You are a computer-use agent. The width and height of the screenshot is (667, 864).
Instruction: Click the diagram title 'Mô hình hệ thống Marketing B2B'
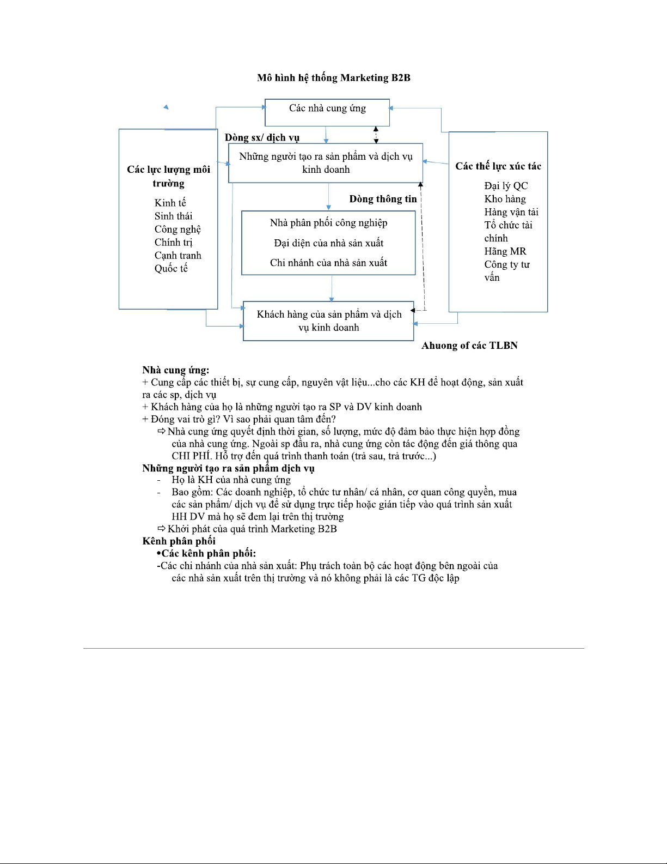(333, 78)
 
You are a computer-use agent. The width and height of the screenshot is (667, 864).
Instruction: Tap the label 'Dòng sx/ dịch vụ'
(262, 137)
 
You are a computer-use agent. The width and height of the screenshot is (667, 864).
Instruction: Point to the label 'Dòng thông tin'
(383, 199)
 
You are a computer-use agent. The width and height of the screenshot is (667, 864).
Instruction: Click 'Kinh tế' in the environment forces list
(170, 203)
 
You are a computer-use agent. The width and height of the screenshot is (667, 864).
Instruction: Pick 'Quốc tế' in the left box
(171, 268)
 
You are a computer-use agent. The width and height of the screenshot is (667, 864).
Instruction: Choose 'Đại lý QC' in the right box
(506, 186)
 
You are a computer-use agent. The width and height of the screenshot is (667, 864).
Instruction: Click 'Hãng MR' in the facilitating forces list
(505, 251)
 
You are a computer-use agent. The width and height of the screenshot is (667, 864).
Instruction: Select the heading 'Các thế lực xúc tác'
(498, 166)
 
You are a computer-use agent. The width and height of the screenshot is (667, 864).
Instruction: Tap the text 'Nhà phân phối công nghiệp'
(328, 223)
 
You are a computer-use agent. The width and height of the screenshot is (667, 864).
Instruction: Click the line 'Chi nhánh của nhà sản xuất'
(328, 263)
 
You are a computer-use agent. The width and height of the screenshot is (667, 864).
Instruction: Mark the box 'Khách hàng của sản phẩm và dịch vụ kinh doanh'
(328, 321)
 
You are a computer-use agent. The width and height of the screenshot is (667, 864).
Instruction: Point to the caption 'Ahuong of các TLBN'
(469, 346)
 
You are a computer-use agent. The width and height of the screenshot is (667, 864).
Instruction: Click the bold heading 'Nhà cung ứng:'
(176, 371)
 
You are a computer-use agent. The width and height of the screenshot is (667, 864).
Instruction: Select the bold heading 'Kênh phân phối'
(179, 541)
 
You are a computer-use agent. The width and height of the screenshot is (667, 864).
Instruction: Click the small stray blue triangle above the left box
(166, 107)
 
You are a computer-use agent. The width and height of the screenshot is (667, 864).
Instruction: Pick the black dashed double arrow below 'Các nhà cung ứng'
(376, 135)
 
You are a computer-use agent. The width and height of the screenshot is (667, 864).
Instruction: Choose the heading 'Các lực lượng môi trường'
(168, 176)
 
